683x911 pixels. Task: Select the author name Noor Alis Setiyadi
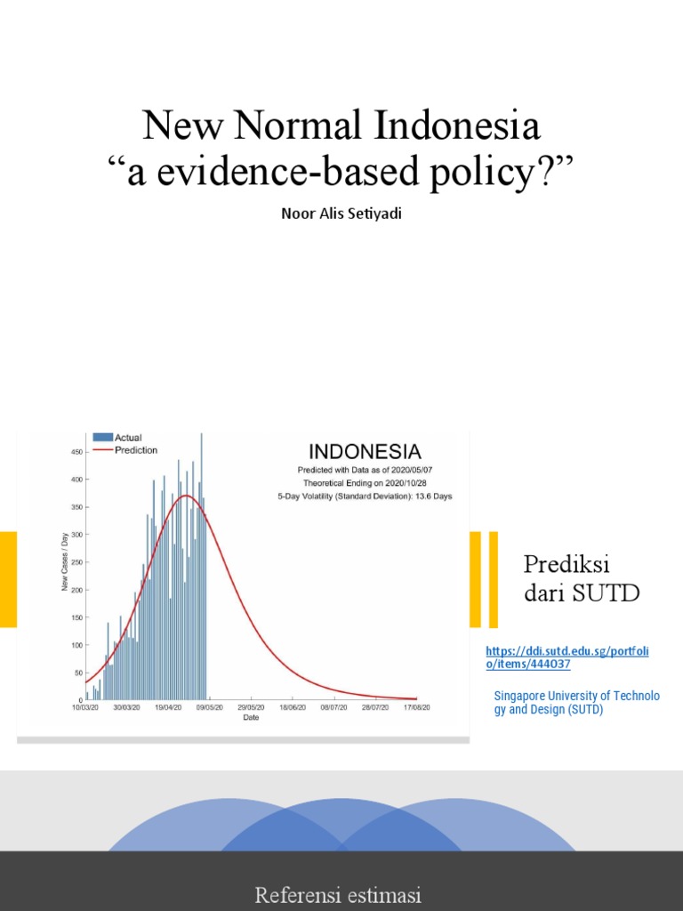[x=341, y=214]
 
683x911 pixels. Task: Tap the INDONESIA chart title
[x=365, y=452]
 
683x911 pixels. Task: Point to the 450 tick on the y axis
[x=76, y=452]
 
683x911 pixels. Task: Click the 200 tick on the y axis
[x=76, y=590]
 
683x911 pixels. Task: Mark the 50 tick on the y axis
[x=78, y=673]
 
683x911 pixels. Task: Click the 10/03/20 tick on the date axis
[x=86, y=708]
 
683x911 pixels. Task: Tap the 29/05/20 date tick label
[x=252, y=708]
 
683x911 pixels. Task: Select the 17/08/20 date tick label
[x=415, y=708]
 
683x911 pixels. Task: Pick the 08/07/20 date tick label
[x=333, y=708]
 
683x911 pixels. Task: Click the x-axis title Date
[x=252, y=718]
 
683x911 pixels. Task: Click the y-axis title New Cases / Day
[x=65, y=562]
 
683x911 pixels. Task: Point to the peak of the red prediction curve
[x=185, y=496]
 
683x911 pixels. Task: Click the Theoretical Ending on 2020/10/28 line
[x=365, y=482]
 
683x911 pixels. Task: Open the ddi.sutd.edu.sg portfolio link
[x=566, y=657]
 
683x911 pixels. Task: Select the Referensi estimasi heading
[x=338, y=895]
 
